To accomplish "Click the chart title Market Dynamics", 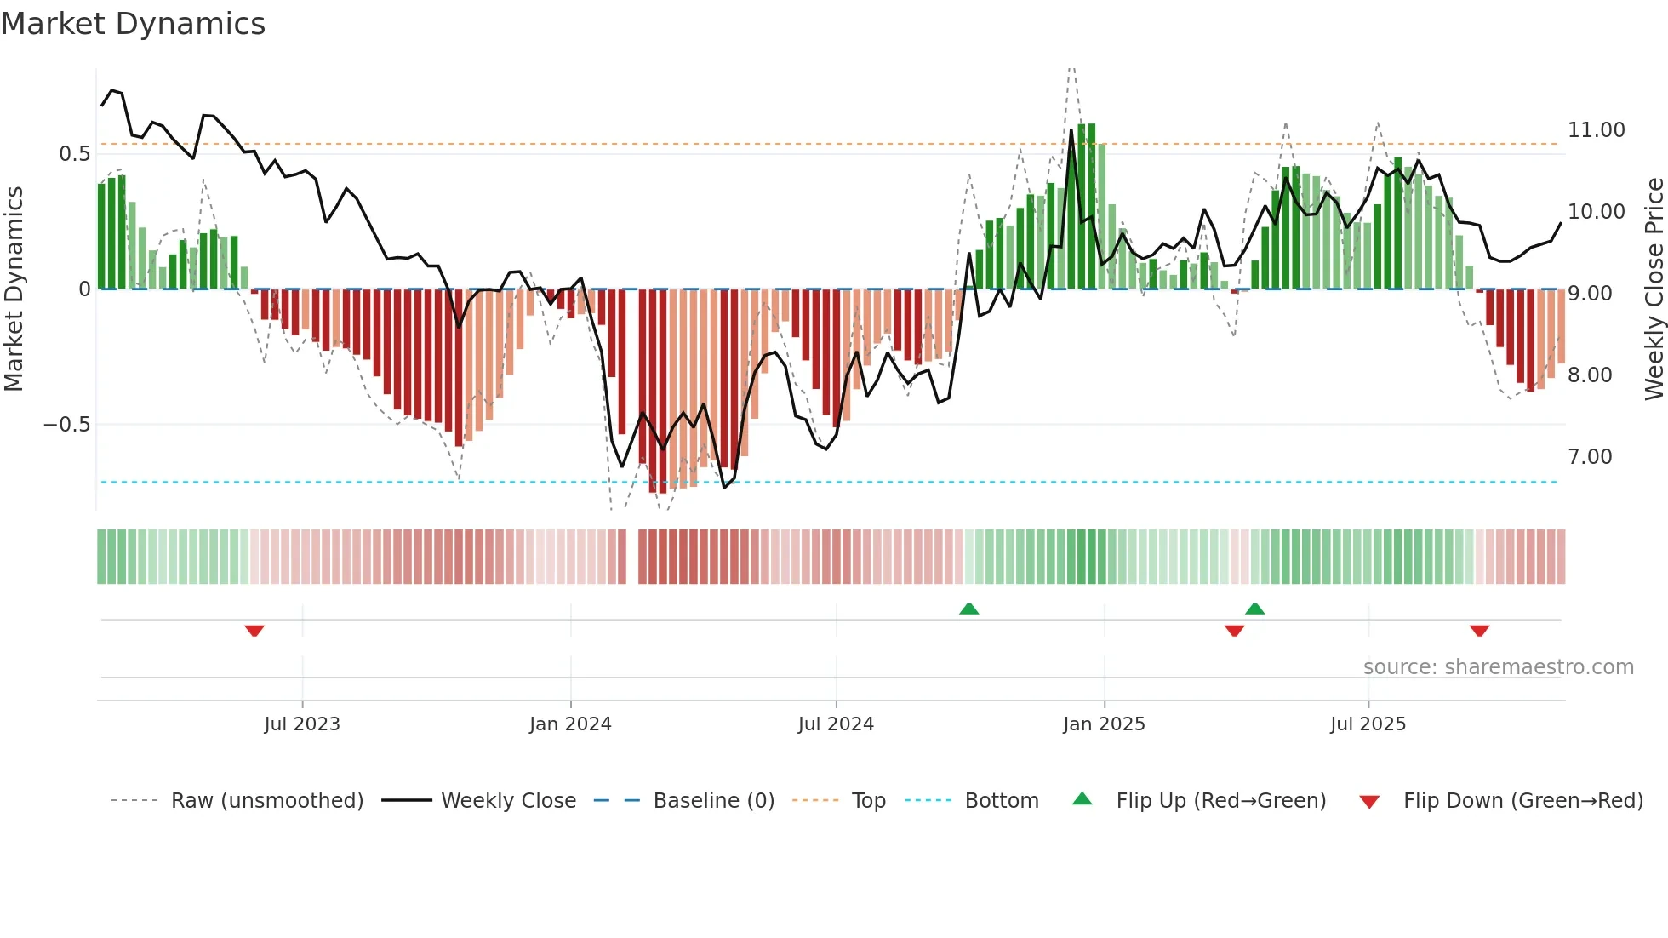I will tap(133, 24).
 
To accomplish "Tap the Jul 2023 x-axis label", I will tap(301, 724).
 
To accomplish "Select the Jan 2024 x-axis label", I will tap(570, 724).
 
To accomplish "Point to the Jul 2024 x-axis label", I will tap(836, 724).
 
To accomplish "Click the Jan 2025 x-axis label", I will tap(1104, 724).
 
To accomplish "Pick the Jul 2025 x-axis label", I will tap(1368, 724).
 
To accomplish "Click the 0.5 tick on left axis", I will tap(74, 154).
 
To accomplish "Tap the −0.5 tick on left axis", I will tap(66, 425).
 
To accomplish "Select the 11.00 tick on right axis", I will tap(1596, 130).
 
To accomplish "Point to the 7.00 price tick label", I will tap(1590, 457).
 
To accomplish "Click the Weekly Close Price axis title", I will tap(1654, 289).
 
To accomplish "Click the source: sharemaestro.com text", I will tap(1498, 667).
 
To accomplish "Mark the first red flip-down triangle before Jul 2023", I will tap(254, 631).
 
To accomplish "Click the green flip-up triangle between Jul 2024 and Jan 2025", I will tap(968, 609).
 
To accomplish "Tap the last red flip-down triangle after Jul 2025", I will tap(1479, 631).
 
